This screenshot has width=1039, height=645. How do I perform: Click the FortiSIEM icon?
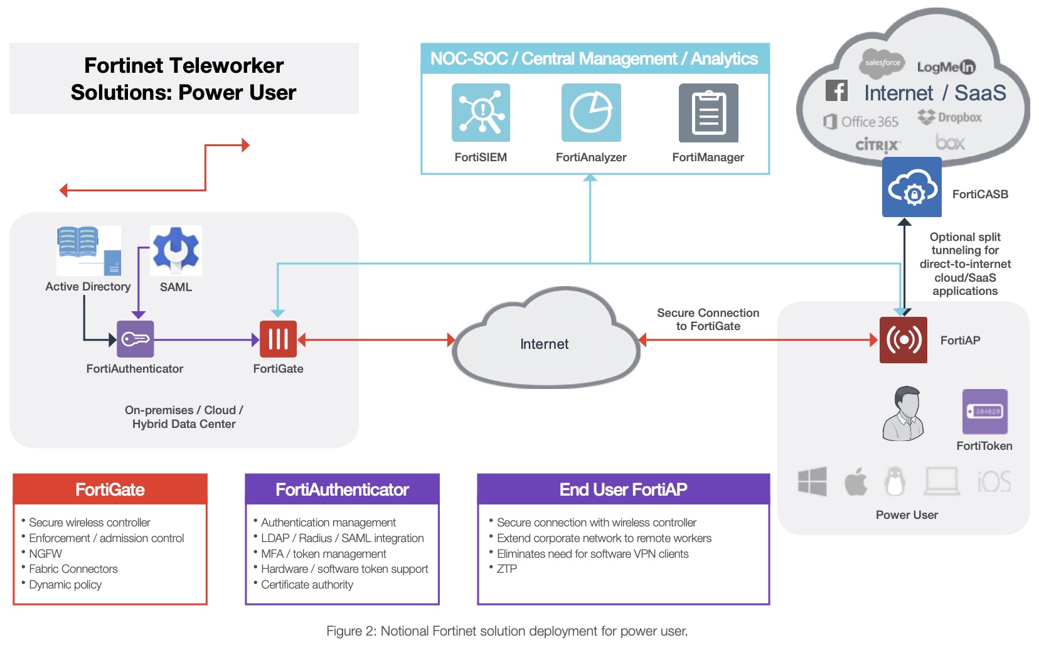tap(481, 113)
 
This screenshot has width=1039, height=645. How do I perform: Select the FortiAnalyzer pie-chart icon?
tap(591, 113)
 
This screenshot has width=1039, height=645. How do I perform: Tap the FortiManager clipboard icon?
tap(708, 113)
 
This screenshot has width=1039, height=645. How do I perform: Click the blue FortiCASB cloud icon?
tap(912, 187)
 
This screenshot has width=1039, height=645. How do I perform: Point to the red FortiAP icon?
tap(903, 340)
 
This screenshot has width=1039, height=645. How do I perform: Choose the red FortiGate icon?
tap(278, 339)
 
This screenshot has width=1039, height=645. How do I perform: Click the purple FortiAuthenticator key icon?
tap(136, 339)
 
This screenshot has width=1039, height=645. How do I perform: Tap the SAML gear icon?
tap(176, 250)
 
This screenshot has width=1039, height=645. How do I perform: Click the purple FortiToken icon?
tap(985, 412)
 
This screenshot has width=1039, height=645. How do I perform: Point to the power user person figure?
tap(904, 413)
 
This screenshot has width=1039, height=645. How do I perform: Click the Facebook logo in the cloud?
tap(836, 91)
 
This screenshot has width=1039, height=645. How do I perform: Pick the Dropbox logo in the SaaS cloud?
tap(949, 117)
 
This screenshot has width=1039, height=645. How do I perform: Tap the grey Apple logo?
tap(855, 482)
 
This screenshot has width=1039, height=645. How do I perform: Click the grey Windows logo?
tap(813, 482)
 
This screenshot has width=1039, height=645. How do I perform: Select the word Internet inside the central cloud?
tap(544, 344)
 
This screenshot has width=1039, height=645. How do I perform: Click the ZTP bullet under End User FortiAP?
tap(507, 569)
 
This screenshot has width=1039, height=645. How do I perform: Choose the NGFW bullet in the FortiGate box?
tap(46, 554)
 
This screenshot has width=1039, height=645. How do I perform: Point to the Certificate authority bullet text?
tap(307, 585)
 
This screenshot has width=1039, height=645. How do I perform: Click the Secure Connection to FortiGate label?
tap(708, 319)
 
